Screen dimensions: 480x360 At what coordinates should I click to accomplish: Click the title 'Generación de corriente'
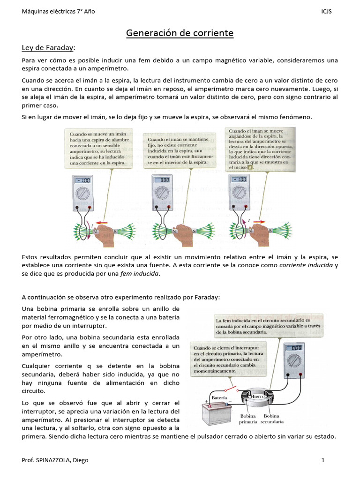(180, 33)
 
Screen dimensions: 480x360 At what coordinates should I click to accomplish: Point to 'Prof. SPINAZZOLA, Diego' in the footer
(55, 460)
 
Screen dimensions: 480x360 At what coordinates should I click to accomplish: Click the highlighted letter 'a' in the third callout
(250, 166)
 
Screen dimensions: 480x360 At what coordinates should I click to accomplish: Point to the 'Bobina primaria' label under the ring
(248, 419)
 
